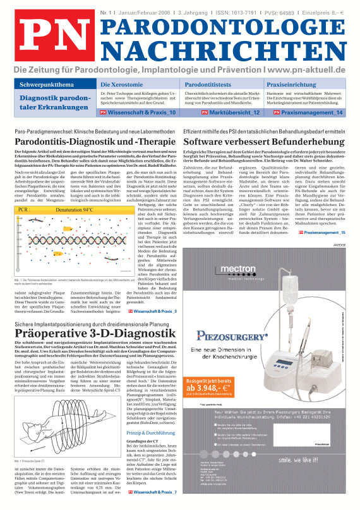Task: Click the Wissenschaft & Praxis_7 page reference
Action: coord(153,491)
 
